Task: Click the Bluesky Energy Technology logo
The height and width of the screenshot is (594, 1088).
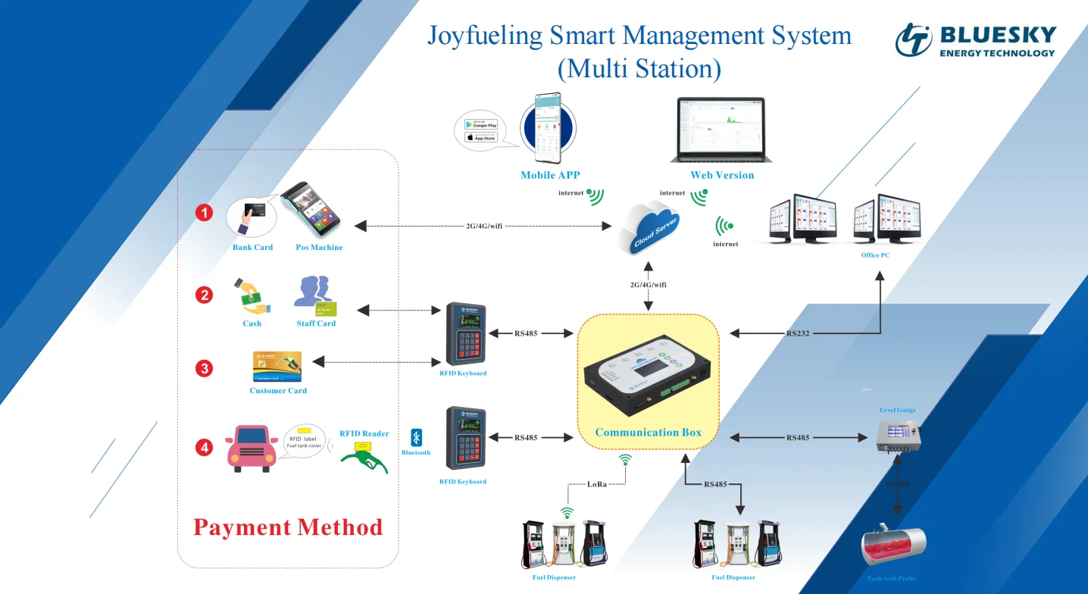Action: (974, 40)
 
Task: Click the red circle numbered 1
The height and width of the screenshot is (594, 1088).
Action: (204, 214)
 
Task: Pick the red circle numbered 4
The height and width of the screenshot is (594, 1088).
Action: (204, 448)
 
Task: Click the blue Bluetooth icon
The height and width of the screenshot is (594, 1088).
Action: (416, 437)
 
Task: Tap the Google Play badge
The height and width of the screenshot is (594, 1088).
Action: (480, 123)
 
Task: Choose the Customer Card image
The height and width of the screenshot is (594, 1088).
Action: (277, 367)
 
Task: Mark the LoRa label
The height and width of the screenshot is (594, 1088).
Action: (597, 483)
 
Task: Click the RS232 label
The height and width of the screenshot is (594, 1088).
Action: (799, 333)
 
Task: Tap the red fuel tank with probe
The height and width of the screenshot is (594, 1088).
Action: (893, 546)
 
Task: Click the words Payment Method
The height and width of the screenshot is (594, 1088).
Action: (288, 527)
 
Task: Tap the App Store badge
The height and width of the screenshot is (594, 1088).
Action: (480, 137)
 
